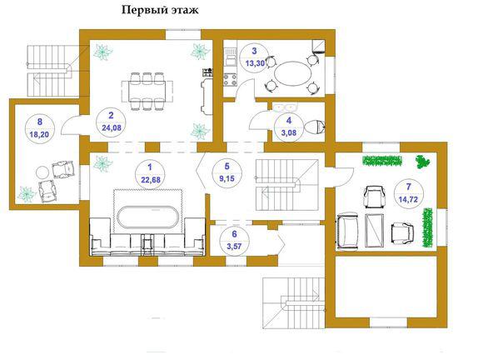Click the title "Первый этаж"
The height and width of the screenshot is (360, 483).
click(160, 11)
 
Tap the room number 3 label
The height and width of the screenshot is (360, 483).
click(254, 51)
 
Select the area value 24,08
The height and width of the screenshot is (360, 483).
click(112, 127)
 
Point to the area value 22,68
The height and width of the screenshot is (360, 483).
click(151, 179)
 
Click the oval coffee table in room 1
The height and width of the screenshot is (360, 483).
click(148, 217)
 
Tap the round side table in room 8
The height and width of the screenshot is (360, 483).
click(42, 172)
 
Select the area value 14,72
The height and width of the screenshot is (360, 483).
click(408, 199)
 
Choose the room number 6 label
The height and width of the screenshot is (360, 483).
click(234, 234)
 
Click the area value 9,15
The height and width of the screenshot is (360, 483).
click(227, 178)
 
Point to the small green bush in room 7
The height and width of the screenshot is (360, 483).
click(423, 162)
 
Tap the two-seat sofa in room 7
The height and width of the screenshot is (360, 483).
click(348, 231)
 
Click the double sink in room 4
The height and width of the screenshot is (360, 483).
click(286, 107)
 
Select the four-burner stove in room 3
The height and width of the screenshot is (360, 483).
click(230, 79)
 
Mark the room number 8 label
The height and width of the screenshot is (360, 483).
click(40, 122)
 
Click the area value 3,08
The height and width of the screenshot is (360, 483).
click(289, 133)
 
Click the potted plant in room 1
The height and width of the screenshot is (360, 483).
click(103, 163)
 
